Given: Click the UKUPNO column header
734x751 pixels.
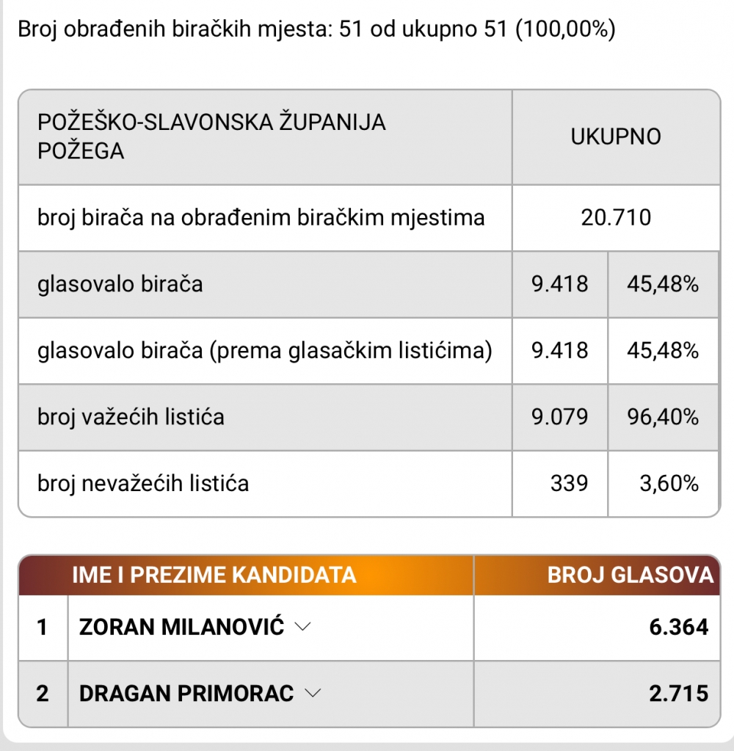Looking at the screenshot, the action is (x=616, y=137).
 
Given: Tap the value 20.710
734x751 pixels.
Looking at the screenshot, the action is (x=616, y=218).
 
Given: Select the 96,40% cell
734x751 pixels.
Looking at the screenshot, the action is (x=663, y=418).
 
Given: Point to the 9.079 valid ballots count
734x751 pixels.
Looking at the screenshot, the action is (x=560, y=418).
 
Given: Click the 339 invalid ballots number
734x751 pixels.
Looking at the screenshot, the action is (x=569, y=484).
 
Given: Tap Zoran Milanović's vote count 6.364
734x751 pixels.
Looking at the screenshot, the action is (x=679, y=627).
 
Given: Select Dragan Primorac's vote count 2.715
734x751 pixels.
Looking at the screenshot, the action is (x=679, y=693).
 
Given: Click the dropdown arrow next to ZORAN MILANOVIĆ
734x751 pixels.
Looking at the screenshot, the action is (x=302, y=627).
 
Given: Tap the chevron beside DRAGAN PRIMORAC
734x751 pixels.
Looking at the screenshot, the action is (x=313, y=693).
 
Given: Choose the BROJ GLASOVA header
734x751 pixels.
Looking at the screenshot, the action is (x=631, y=575).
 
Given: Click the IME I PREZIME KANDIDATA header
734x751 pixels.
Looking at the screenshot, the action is (x=214, y=575).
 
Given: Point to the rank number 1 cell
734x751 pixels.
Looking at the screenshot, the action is (x=43, y=627).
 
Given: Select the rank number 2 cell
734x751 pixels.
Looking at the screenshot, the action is (x=43, y=693).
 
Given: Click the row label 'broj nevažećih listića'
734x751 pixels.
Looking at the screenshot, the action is (x=143, y=484).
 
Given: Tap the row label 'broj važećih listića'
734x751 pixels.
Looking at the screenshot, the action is (x=131, y=418).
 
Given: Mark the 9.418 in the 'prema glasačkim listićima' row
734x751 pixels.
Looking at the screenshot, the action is (x=560, y=351).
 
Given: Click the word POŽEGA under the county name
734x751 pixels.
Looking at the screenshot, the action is (x=81, y=151).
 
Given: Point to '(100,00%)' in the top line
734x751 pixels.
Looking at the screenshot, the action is (x=565, y=30).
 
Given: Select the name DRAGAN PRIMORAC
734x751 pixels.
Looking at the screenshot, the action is (x=186, y=693).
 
